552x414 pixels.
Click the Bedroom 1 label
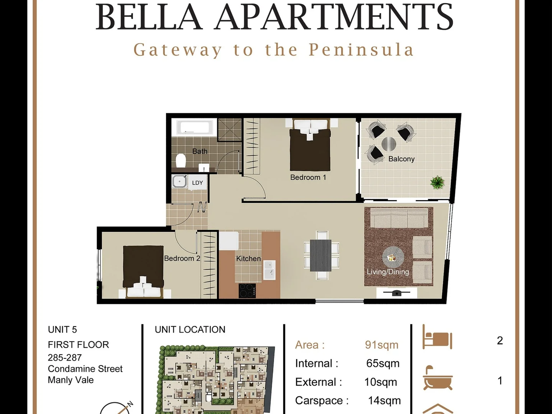(x=308, y=177)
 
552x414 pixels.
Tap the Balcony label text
(x=401, y=159)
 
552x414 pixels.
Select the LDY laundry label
(x=197, y=183)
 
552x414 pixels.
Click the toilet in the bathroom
(x=181, y=161)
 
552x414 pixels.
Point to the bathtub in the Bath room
(x=194, y=127)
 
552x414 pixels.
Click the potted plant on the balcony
(x=437, y=182)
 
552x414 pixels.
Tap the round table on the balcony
(x=389, y=144)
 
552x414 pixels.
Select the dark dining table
(x=320, y=255)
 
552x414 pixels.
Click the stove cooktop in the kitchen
(x=247, y=291)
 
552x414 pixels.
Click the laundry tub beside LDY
(x=179, y=181)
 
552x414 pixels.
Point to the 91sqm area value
(x=381, y=345)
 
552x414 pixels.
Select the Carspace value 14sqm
(x=384, y=401)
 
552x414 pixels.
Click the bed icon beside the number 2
(x=437, y=337)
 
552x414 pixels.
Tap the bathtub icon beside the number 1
(x=437, y=378)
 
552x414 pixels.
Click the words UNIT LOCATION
(x=190, y=330)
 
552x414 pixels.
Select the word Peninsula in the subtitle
(x=361, y=50)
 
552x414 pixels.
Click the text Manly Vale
(x=71, y=380)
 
